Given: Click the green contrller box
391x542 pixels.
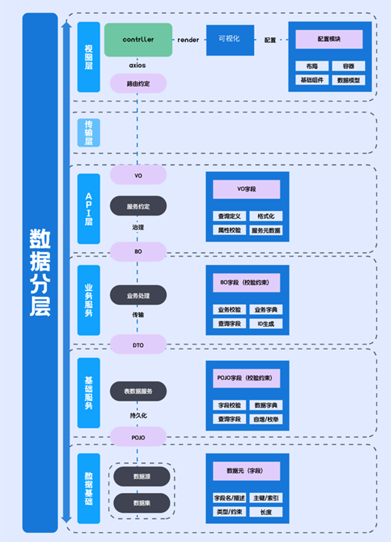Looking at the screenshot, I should (138, 40).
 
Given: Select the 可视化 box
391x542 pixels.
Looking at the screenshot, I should (229, 40).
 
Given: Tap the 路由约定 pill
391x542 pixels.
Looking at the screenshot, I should (138, 83).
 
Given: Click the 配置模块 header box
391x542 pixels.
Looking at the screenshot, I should (329, 39).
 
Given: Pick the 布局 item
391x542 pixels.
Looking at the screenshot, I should (311, 66).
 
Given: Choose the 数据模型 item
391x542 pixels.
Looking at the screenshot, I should (348, 80).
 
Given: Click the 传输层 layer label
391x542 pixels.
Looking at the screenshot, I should (89, 132).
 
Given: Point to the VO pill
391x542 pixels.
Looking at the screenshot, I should (138, 175).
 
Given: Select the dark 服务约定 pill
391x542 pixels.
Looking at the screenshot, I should (138, 206).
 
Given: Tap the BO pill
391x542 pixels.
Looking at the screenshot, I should (138, 250).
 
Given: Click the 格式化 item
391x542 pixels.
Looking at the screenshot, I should (266, 216).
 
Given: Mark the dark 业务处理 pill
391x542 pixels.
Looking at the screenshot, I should (138, 295).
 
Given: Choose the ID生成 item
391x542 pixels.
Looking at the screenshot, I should (266, 324).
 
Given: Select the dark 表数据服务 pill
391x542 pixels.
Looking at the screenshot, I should (138, 391).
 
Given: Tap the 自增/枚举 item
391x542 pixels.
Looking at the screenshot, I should (266, 419).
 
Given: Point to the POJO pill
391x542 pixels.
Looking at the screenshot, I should (138, 436).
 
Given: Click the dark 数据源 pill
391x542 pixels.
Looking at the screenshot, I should (141, 476).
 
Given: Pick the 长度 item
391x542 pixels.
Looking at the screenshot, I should (266, 512).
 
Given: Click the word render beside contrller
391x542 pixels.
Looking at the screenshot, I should (188, 40).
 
